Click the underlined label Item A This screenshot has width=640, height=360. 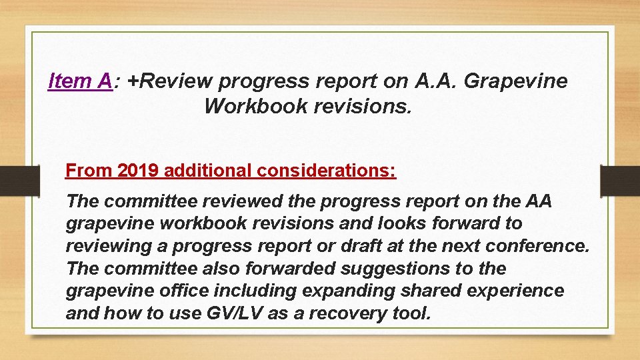tap(79, 81)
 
